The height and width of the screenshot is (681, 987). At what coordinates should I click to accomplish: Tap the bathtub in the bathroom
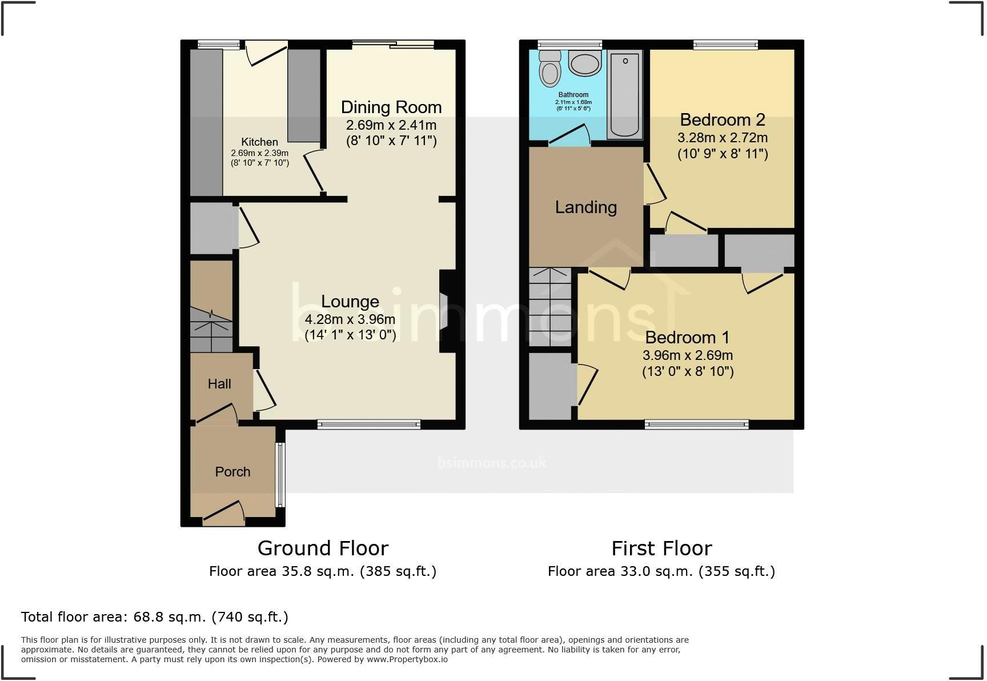pyautogui.click(x=624, y=94)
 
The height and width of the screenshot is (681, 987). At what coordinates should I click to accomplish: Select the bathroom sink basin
pyautogui.click(x=585, y=64)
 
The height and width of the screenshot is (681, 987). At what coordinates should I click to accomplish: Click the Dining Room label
pyautogui.click(x=391, y=107)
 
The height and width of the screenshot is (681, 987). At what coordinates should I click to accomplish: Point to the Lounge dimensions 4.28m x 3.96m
pyautogui.click(x=350, y=319)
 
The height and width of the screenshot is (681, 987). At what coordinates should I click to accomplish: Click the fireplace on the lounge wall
pyautogui.click(x=445, y=311)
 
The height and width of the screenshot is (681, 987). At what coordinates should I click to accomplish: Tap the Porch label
pyautogui.click(x=232, y=472)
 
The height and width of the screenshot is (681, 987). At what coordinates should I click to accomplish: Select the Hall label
pyautogui.click(x=219, y=384)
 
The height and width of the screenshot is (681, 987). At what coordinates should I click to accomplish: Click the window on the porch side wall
pyautogui.click(x=280, y=475)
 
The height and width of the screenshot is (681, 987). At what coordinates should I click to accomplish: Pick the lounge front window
pyautogui.click(x=369, y=424)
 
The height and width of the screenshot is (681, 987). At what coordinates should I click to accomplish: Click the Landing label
pyautogui.click(x=586, y=207)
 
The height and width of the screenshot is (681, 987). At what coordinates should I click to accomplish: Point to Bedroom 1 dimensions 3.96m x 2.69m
pyautogui.click(x=688, y=355)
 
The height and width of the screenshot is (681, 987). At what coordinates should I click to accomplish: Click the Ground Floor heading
pyautogui.click(x=323, y=548)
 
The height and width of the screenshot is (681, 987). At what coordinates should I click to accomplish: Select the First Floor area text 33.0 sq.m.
pyautogui.click(x=661, y=571)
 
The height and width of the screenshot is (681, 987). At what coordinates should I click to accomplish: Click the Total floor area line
pyautogui.click(x=154, y=617)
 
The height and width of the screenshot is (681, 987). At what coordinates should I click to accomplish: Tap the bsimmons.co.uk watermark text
pyautogui.click(x=492, y=462)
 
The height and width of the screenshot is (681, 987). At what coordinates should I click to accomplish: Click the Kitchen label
pyautogui.click(x=259, y=142)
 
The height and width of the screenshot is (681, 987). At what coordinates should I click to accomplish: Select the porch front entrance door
pyautogui.click(x=223, y=512)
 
